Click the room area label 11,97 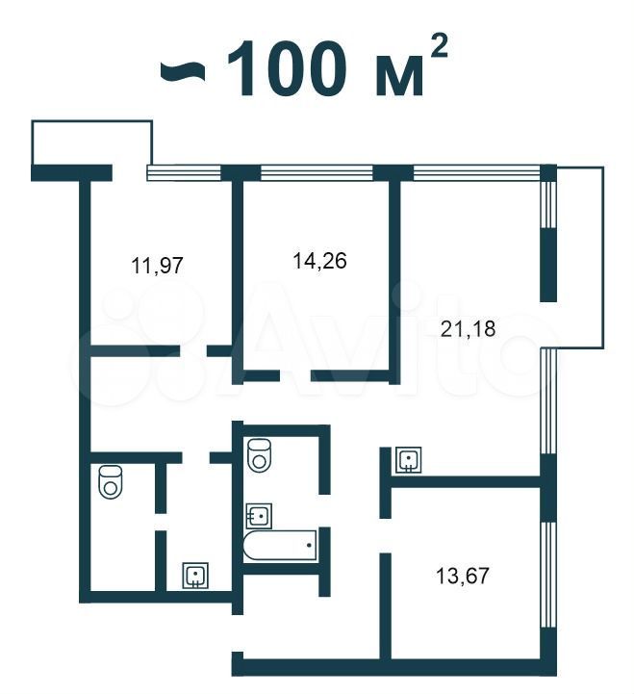tap(157, 266)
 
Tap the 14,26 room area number tap(319, 260)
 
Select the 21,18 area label tap(469, 329)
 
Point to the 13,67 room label tap(463, 576)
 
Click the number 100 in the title tap(286, 67)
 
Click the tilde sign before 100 tap(183, 72)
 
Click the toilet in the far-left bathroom tap(111, 482)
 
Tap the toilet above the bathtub tap(260, 454)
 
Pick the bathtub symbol tap(280, 545)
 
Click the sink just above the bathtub tap(259, 516)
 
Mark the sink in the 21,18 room tap(408, 460)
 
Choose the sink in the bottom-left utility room tap(195, 576)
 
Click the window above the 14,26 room tap(317, 172)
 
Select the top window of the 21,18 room tap(477, 172)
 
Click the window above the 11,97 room tap(184, 172)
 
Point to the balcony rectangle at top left tap(92, 142)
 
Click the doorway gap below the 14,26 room tap(295, 376)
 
